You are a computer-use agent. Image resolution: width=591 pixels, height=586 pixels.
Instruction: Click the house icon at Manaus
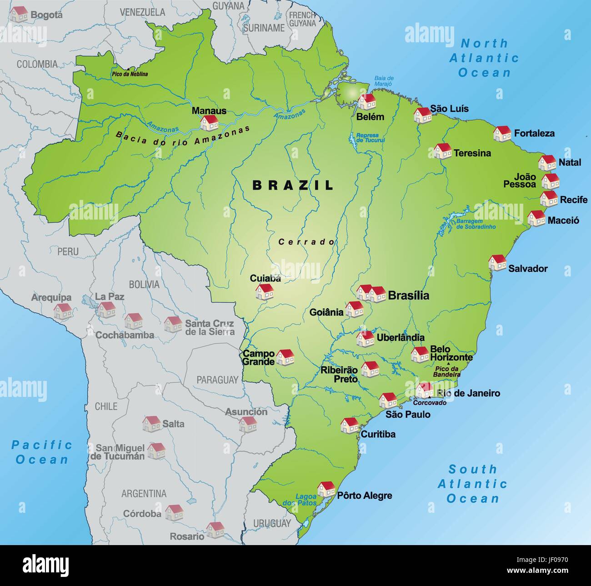click(210, 123)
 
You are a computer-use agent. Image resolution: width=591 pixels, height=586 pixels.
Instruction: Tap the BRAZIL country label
click(293, 185)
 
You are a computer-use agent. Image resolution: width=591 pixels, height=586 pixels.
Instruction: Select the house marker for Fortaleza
click(502, 133)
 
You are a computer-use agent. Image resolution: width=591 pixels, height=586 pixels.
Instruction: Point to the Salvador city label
click(528, 269)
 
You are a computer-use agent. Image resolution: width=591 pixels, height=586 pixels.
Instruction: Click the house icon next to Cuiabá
click(264, 291)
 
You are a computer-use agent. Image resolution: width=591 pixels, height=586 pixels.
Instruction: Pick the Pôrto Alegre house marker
click(326, 489)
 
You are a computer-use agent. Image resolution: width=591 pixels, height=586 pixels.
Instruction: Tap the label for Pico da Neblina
click(130, 74)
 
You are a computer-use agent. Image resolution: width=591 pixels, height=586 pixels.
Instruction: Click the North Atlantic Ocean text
click(484, 58)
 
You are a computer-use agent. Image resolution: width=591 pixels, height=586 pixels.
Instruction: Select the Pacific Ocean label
click(42, 452)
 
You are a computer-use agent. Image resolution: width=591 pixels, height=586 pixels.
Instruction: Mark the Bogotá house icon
click(19, 14)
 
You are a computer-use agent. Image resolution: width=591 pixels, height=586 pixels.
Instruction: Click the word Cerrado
click(306, 242)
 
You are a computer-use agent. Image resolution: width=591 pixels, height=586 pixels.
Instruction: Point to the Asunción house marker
click(248, 424)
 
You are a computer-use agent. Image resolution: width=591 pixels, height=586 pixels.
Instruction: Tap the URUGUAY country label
click(272, 523)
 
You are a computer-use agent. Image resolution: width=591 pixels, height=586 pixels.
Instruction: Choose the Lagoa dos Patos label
click(306, 500)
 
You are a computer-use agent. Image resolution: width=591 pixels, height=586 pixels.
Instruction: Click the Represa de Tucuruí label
click(370, 138)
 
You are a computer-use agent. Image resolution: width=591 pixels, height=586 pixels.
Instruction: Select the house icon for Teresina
click(442, 151)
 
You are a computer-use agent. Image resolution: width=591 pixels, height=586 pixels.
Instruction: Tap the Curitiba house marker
click(350, 425)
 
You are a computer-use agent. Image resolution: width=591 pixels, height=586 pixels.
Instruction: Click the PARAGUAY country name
click(217, 380)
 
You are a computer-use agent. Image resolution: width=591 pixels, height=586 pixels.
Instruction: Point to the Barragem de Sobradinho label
click(476, 224)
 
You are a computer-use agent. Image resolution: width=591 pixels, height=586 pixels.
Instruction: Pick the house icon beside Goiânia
click(354, 309)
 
